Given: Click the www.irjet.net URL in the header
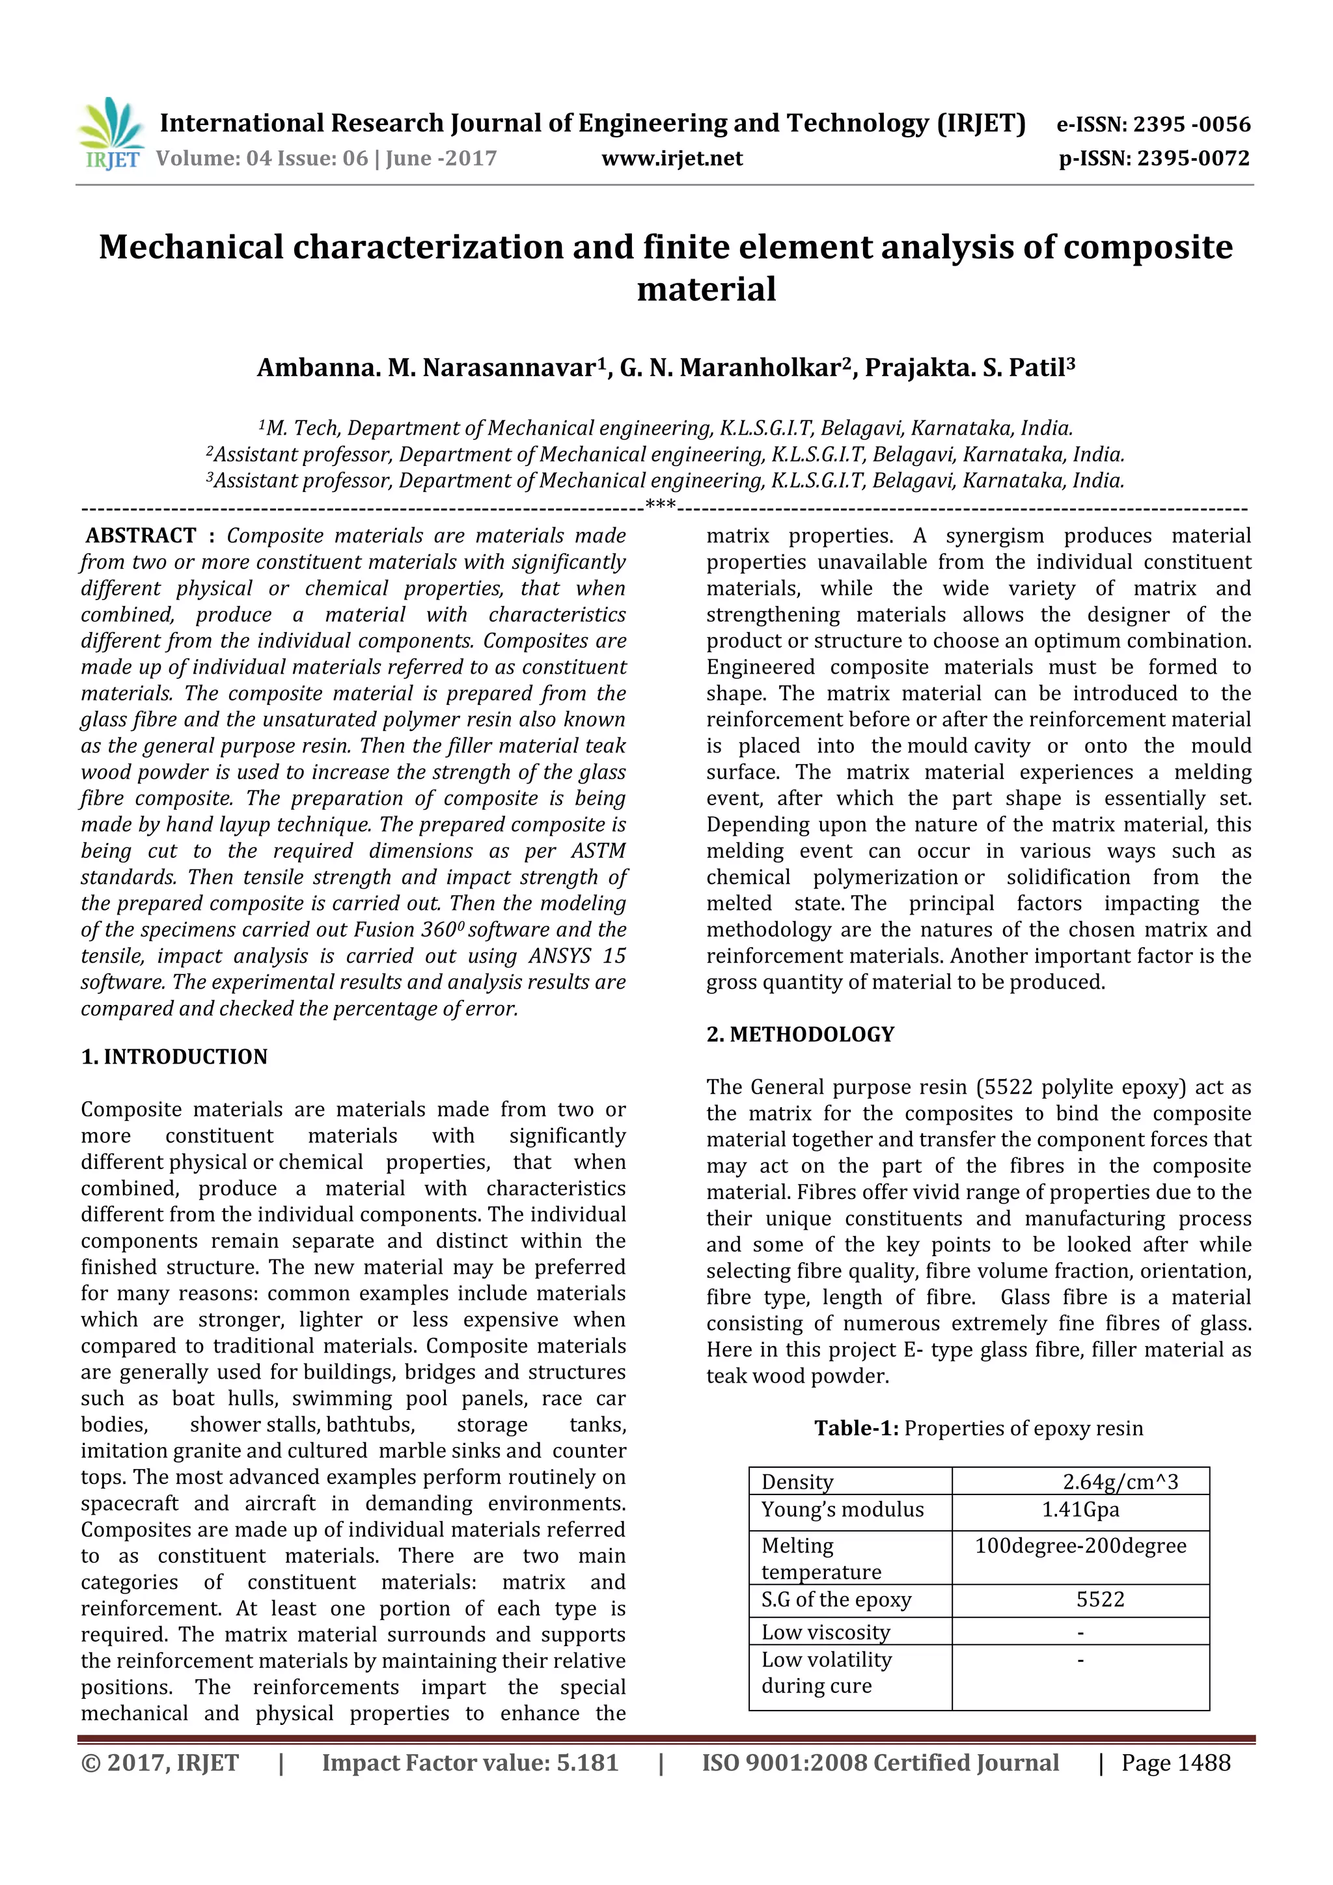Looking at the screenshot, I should pyautogui.click(x=672, y=158).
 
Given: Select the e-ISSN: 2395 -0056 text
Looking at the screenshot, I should pyautogui.click(x=1153, y=125).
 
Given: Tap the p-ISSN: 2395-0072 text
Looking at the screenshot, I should pyautogui.click(x=1154, y=158).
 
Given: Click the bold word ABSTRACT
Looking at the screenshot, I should pyautogui.click(x=141, y=536).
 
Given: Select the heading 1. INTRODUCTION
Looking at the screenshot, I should pyautogui.click(x=174, y=1056).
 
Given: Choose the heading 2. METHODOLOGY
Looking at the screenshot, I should pyautogui.click(x=801, y=1034).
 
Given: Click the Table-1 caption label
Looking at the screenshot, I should pyautogui.click(x=857, y=1429).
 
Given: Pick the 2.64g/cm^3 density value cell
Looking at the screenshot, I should pyautogui.click(x=1120, y=1482).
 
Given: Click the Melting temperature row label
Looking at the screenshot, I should pyautogui.click(x=821, y=1558).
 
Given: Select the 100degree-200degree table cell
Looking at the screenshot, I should pyautogui.click(x=1080, y=1546).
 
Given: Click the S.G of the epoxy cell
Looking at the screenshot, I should pyautogui.click(x=836, y=1599).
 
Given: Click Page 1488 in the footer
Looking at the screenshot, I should pyautogui.click(x=1175, y=1763).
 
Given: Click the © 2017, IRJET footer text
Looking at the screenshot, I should pyautogui.click(x=160, y=1763).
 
